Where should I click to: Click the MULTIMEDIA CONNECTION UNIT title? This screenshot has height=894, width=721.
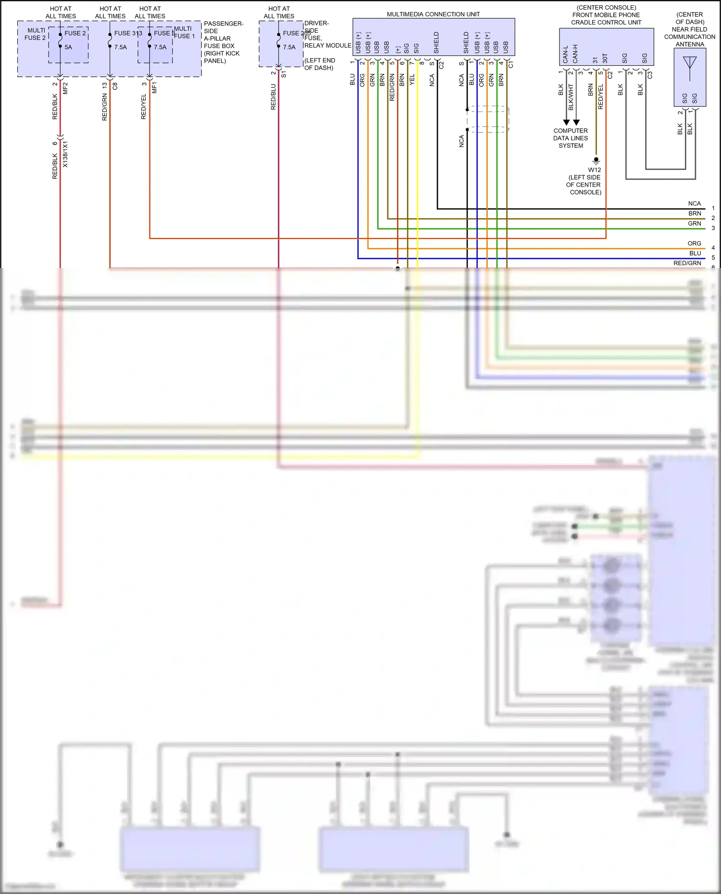coord(433,14)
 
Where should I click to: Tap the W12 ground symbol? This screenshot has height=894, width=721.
coord(596,160)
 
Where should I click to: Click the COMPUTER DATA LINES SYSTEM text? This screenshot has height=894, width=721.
coord(571,138)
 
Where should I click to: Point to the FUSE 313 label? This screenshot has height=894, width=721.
coord(128,33)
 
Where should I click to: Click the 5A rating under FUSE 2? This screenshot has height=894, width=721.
coord(68,47)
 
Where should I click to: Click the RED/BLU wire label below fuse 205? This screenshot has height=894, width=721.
coord(273,97)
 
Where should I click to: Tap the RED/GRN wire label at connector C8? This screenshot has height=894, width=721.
coord(105,107)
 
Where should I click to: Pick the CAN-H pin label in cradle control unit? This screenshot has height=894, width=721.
coord(575,54)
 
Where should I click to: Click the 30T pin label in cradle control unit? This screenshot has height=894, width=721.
coord(605,58)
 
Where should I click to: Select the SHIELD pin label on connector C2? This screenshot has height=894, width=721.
coord(436,43)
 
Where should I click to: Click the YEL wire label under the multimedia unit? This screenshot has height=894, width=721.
coord(412,80)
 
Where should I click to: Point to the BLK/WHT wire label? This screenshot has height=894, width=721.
coord(571,97)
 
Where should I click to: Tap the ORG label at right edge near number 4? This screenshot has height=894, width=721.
coord(694,244)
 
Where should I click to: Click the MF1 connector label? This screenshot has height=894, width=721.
coord(154,88)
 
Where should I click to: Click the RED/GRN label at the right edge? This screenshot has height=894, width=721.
coord(687,263)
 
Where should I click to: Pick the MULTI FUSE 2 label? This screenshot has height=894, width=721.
coord(36,34)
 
